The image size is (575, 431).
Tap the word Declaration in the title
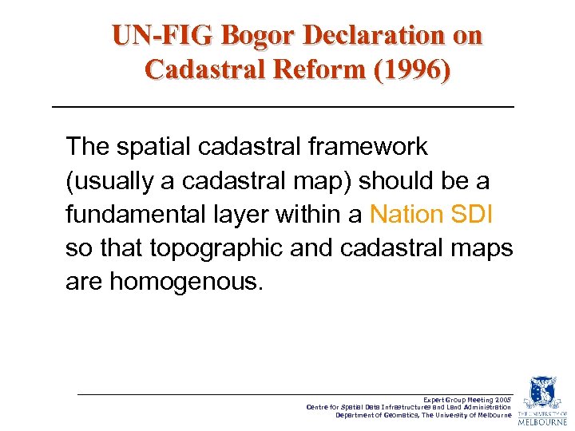pos(379,36)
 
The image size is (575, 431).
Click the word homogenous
pos(184,283)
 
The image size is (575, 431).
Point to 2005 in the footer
pos(502,398)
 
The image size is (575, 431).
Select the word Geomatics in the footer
pos(397,415)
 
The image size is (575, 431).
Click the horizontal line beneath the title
pos(283,107)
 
